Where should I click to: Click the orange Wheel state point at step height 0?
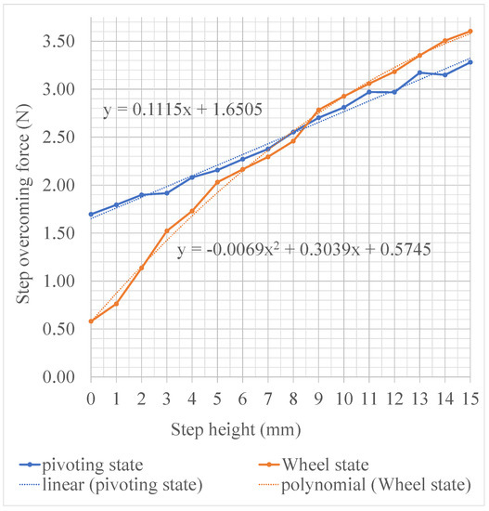pyautogui.click(x=91, y=321)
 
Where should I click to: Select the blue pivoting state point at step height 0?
pyautogui.click(x=91, y=215)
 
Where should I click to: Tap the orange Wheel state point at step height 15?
pyautogui.click(x=470, y=32)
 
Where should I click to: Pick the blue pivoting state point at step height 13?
pyautogui.click(x=419, y=72)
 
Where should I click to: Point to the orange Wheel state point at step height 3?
pyautogui.click(x=167, y=230)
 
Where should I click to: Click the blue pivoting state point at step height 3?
pyautogui.click(x=167, y=193)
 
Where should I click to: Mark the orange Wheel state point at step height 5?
pyautogui.click(x=217, y=182)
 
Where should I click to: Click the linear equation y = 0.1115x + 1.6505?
pyautogui.click(x=183, y=110)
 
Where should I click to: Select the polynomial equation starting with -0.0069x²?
pyautogui.click(x=304, y=250)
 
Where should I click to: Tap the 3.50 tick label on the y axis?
pyautogui.click(x=58, y=42)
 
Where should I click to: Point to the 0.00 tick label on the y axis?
pyautogui.click(x=58, y=376)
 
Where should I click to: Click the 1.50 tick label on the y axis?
pyautogui.click(x=58, y=233)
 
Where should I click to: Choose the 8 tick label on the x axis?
pyautogui.click(x=293, y=399)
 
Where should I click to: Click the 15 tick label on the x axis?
pyautogui.click(x=470, y=399)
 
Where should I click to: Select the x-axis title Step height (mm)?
pyautogui.click(x=236, y=430)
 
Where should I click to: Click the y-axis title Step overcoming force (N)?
pyautogui.click(x=24, y=204)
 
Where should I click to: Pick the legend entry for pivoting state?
pyautogui.click(x=81, y=465)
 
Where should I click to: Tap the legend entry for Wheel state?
pyautogui.click(x=314, y=465)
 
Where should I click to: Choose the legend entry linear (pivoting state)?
pyautogui.click(x=110, y=485)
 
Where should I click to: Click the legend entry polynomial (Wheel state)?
pyautogui.click(x=365, y=485)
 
